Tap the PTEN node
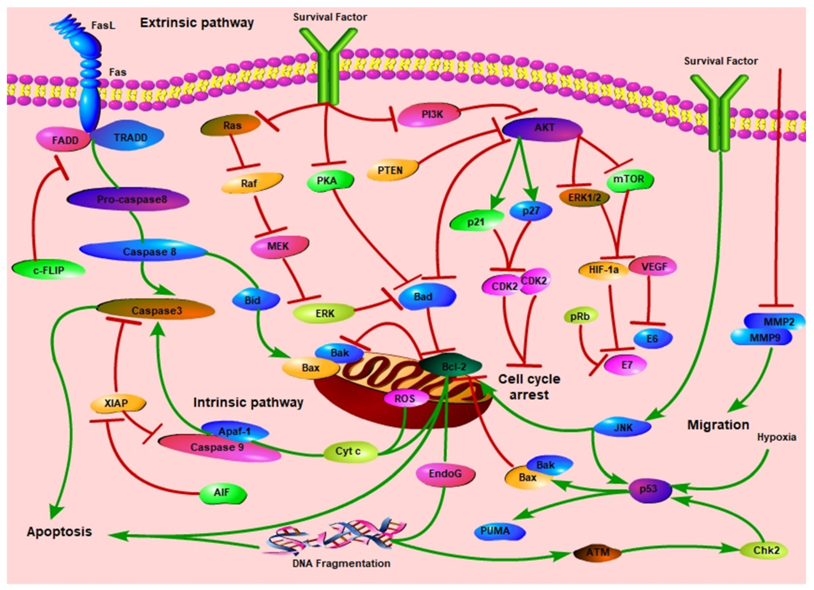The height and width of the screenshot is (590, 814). (391, 170)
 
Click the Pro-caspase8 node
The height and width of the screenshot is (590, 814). (129, 200)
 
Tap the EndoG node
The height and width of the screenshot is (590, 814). (445, 474)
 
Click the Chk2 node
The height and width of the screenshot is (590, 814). (765, 550)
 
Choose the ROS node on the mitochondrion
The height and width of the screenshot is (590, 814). (405, 399)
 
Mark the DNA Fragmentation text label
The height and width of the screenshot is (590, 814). (341, 563)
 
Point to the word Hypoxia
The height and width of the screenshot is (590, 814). (776, 437)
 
